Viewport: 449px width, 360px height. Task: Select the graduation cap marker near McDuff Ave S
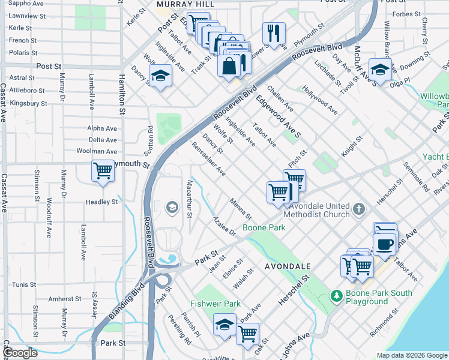point(380,70)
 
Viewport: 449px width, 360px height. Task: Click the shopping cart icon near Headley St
point(103,172)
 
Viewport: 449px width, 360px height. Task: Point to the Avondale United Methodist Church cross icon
point(359,209)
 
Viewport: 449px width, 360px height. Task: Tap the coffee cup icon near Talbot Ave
point(384,243)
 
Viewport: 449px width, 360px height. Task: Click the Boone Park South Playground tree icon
point(337,295)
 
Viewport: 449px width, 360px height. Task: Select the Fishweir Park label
point(215,304)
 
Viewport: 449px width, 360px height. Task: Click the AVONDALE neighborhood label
point(288,266)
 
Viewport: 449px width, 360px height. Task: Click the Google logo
point(20,353)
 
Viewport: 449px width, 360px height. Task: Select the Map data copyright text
point(412,355)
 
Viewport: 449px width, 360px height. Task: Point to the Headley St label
point(101,202)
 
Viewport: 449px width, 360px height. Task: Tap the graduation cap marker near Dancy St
point(160,76)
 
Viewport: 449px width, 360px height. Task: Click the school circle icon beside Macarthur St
point(172,208)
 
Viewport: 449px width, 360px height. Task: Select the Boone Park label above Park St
point(264,227)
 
